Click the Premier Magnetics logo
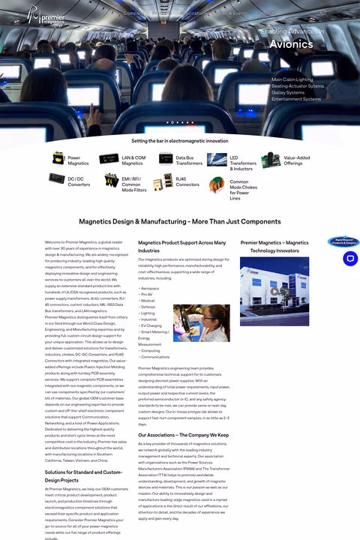(x=46, y=15)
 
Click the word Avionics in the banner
(x=292, y=44)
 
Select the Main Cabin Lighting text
(x=292, y=79)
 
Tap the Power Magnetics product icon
(x=58, y=160)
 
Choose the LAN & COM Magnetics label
(x=133, y=160)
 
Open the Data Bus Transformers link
(x=189, y=160)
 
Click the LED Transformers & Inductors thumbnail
(x=217, y=159)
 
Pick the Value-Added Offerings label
(x=296, y=160)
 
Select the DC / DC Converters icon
(x=57, y=180)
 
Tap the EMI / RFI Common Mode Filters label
(x=134, y=184)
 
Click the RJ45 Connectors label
(x=187, y=182)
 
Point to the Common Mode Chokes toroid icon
(x=217, y=183)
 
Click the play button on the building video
(x=275, y=292)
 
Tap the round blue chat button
(x=349, y=259)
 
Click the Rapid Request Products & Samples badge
(x=343, y=241)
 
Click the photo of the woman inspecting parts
(x=202, y=322)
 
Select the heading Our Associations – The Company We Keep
(x=184, y=435)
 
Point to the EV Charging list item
(x=151, y=325)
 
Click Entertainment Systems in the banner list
(x=296, y=99)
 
